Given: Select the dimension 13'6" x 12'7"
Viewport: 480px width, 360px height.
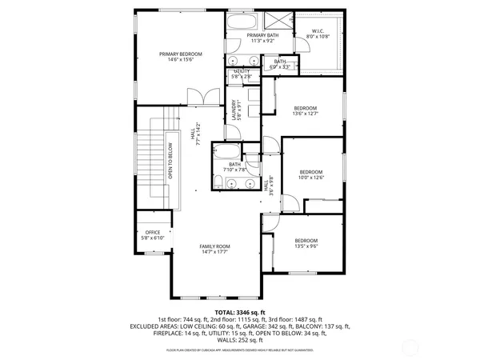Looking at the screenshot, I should (x=305, y=114).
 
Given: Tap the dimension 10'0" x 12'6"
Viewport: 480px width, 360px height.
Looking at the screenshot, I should (x=310, y=177).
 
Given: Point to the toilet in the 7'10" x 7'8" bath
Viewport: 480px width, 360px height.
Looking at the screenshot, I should (x=251, y=166).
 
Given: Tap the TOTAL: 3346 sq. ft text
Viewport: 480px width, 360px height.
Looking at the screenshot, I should (x=239, y=311).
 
